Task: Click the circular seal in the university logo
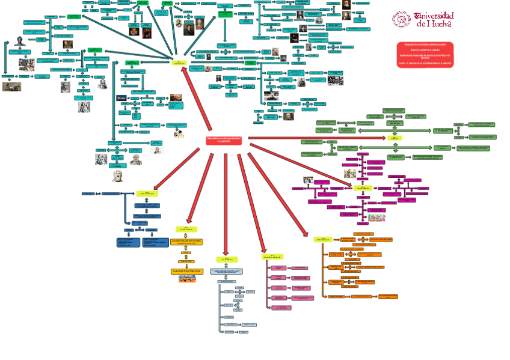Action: pyautogui.click(x=401, y=19)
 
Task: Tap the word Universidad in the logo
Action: pyautogui.click(x=433, y=16)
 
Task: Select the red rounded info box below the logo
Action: pyautogui.click(x=425, y=54)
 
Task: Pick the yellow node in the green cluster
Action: pyautogui.click(x=395, y=137)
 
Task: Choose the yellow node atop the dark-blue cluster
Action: pyautogui.click(x=147, y=194)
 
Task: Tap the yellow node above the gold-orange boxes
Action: pyautogui.click(x=186, y=229)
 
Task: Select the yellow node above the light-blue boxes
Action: pyautogui.click(x=227, y=259)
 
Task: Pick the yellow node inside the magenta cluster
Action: pyautogui.click(x=363, y=188)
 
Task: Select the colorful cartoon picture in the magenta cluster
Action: pyautogui.click(x=377, y=216)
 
